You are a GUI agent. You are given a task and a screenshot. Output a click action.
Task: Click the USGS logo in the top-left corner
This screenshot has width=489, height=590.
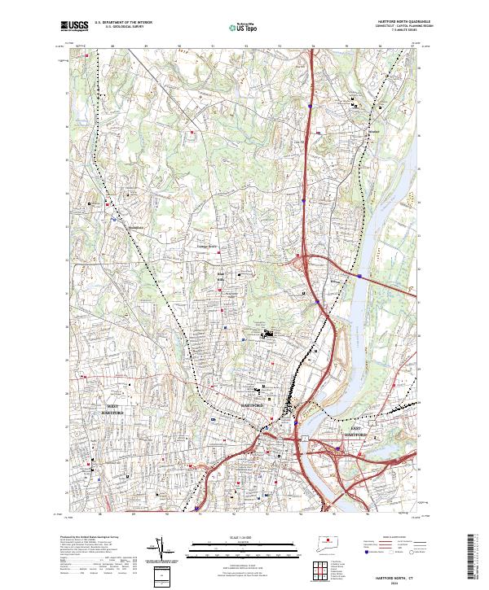pos(74,26)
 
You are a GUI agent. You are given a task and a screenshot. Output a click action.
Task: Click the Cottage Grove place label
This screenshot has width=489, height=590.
pos(208,245)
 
